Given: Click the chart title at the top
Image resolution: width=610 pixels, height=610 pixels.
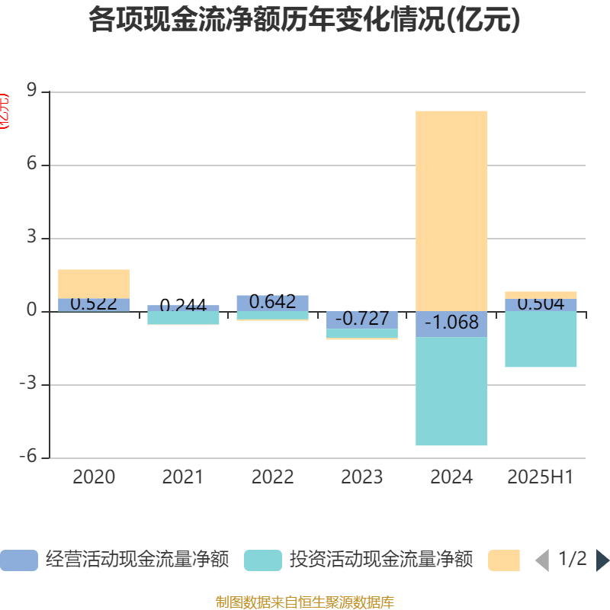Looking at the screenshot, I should (x=304, y=21).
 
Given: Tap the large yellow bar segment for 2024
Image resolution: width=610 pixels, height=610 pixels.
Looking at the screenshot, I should (x=451, y=210).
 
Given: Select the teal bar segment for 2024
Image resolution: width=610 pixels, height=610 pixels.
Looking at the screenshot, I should (x=451, y=391).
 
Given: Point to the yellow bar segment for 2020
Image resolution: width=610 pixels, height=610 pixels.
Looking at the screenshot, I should (x=94, y=283).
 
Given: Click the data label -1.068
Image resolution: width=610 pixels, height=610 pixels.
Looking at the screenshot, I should (x=451, y=323).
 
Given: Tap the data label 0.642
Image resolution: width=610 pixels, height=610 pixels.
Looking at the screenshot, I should (x=272, y=302).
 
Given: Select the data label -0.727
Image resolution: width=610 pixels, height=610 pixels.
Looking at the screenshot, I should (x=362, y=319).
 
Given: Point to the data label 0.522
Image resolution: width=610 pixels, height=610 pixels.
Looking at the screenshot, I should (x=94, y=303).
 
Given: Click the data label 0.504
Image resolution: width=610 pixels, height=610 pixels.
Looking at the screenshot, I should (x=541, y=304).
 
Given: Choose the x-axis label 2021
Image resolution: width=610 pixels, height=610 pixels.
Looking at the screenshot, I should (x=183, y=477).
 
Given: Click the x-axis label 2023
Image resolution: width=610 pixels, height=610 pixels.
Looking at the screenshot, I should (x=362, y=477).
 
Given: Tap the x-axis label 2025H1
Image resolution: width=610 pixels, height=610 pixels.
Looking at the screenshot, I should (x=541, y=477).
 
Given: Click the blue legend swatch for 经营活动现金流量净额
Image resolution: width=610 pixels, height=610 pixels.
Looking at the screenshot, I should (x=19, y=560).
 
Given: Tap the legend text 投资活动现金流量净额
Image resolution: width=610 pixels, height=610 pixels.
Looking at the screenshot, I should (x=381, y=560).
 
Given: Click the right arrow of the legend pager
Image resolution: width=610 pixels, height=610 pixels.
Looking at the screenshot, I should (x=602, y=560).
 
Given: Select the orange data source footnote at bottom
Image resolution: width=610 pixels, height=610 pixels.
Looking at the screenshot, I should (x=304, y=602).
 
